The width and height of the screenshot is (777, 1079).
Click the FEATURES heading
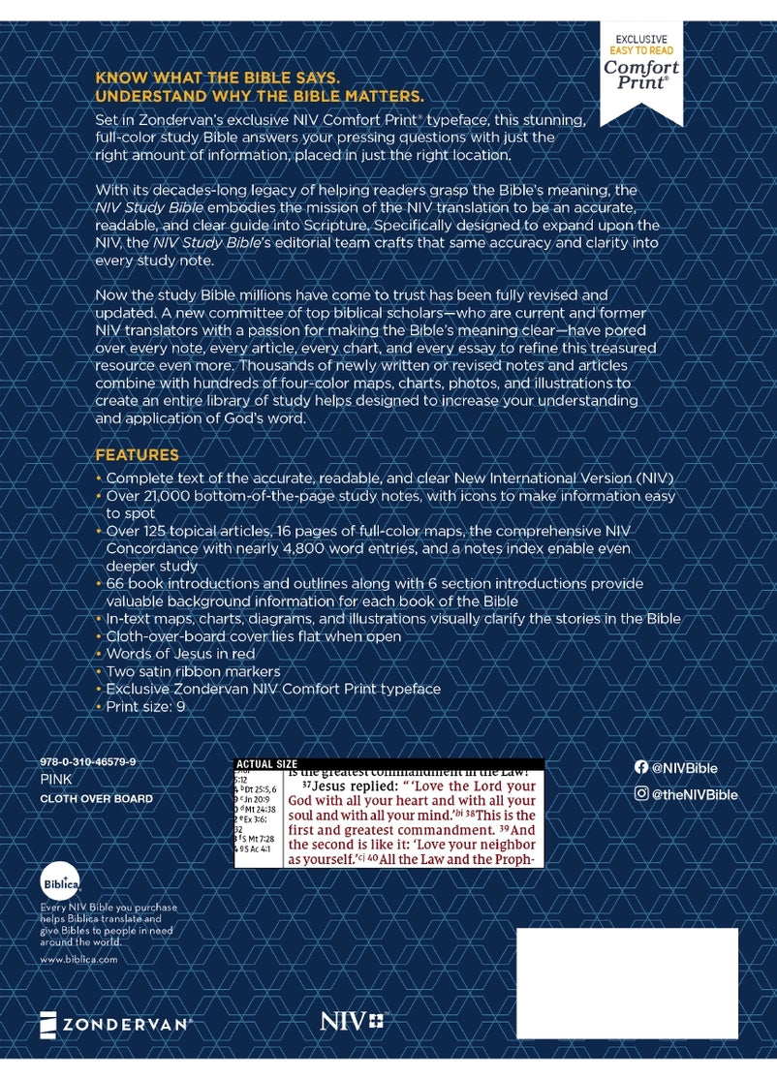pyautogui.click(x=137, y=455)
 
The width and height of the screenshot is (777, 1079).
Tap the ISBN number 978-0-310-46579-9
pyautogui.click(x=88, y=762)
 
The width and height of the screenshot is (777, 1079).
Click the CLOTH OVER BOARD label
pyautogui.click(x=97, y=799)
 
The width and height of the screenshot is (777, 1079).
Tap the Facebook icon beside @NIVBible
pyautogui.click(x=640, y=767)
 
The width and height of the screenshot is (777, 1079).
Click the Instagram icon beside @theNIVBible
pyautogui.click(x=640, y=794)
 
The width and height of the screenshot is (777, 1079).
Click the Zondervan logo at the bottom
pyautogui.click(x=116, y=1023)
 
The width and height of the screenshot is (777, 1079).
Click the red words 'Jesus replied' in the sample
pyautogui.click(x=354, y=785)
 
